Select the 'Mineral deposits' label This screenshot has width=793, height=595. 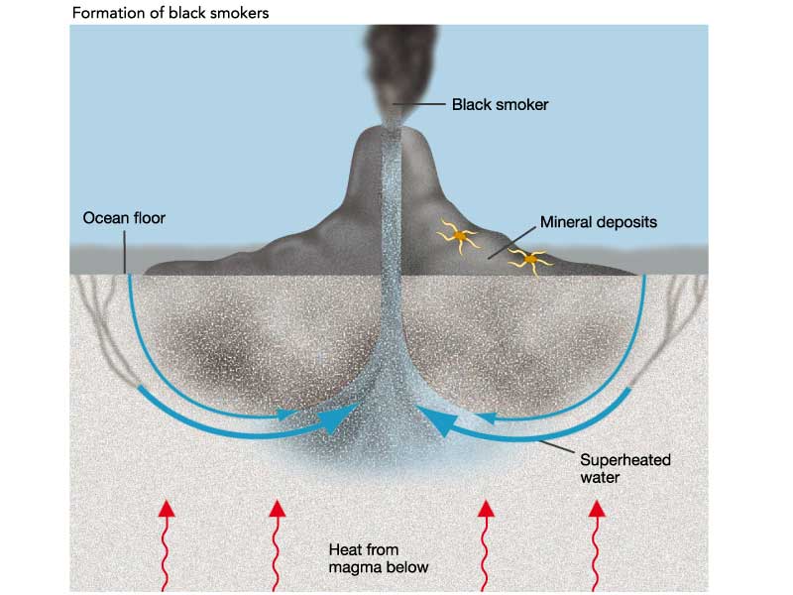click(x=598, y=222)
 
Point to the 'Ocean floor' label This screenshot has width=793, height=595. click(x=124, y=216)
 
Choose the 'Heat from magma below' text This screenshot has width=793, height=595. click(x=378, y=557)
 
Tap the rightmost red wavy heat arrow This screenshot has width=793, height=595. click(x=596, y=545)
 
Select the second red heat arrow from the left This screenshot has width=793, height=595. click(x=277, y=545)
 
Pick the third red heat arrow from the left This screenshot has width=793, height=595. click(x=486, y=545)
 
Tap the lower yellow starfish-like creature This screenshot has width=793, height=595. click(x=531, y=261)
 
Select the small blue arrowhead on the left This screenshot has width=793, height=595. click(x=288, y=412)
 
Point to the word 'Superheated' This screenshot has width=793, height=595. click(x=623, y=461)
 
